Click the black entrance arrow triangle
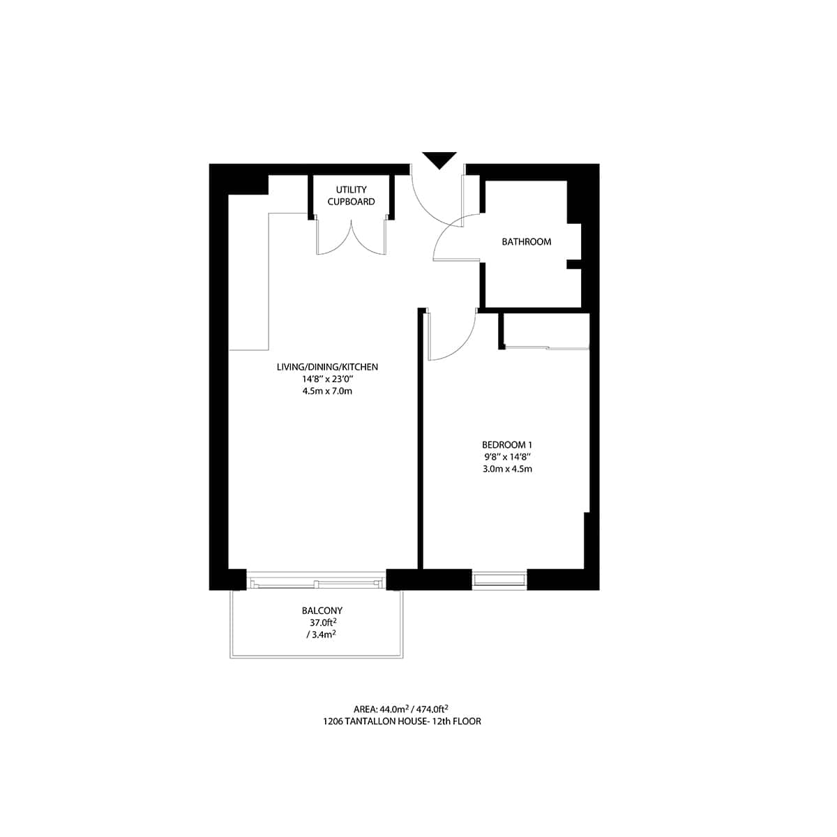click(x=439, y=159)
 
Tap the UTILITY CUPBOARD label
click(x=351, y=195)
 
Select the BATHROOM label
click(x=527, y=242)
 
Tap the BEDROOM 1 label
click(x=507, y=444)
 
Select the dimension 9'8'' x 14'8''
click(x=507, y=456)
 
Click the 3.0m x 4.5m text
click(x=507, y=469)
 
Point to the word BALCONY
click(x=322, y=610)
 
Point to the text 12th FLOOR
click(x=455, y=721)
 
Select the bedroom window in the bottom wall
click(x=499, y=580)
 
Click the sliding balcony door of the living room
click(x=316, y=582)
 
